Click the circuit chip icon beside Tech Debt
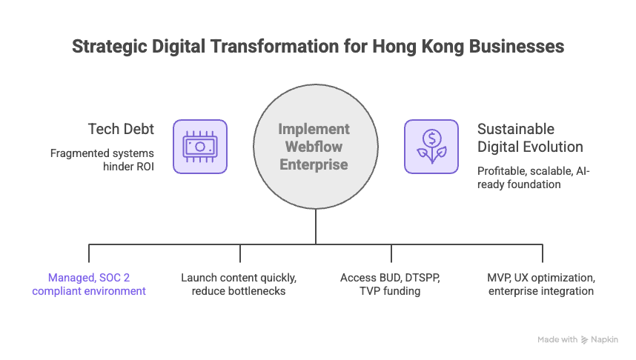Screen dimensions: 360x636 [200, 147]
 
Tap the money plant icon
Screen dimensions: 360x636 [431, 147]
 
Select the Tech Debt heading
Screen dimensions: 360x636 [121, 129]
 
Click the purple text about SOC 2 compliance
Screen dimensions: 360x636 [89, 284]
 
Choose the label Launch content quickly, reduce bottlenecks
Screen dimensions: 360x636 [239, 284]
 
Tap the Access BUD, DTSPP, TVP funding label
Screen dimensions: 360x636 [390, 284]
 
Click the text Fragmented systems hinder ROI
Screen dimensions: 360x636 [102, 160]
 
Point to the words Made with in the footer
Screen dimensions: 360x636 [557, 340]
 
